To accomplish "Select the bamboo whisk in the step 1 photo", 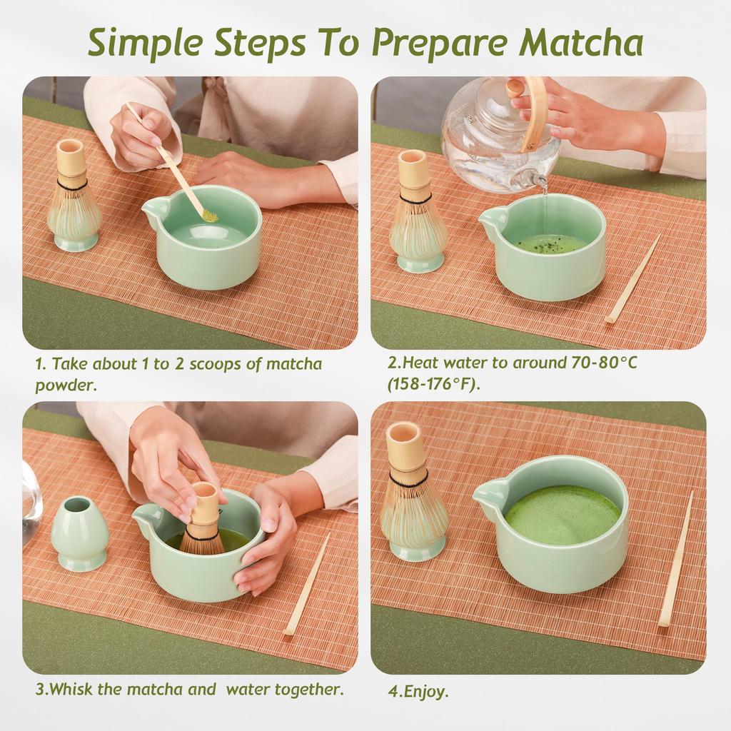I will click(x=74, y=196).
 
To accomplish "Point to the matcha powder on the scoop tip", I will click(x=210, y=214).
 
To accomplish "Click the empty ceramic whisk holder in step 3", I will click(x=79, y=533).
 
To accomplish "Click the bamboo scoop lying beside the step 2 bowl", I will click(x=633, y=279).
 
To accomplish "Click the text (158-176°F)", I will click(x=433, y=384).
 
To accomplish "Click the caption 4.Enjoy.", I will click(x=418, y=691).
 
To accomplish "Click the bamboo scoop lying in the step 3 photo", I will click(x=306, y=585).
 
